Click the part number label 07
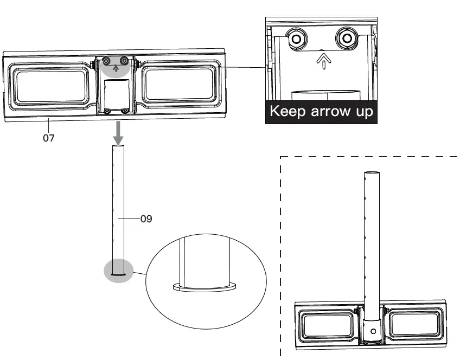pos(49,138)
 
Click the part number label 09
pos(145,220)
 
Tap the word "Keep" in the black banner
pos(289,112)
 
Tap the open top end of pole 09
pos(119,146)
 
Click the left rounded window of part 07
pos(52,87)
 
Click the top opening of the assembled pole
pos(372,173)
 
